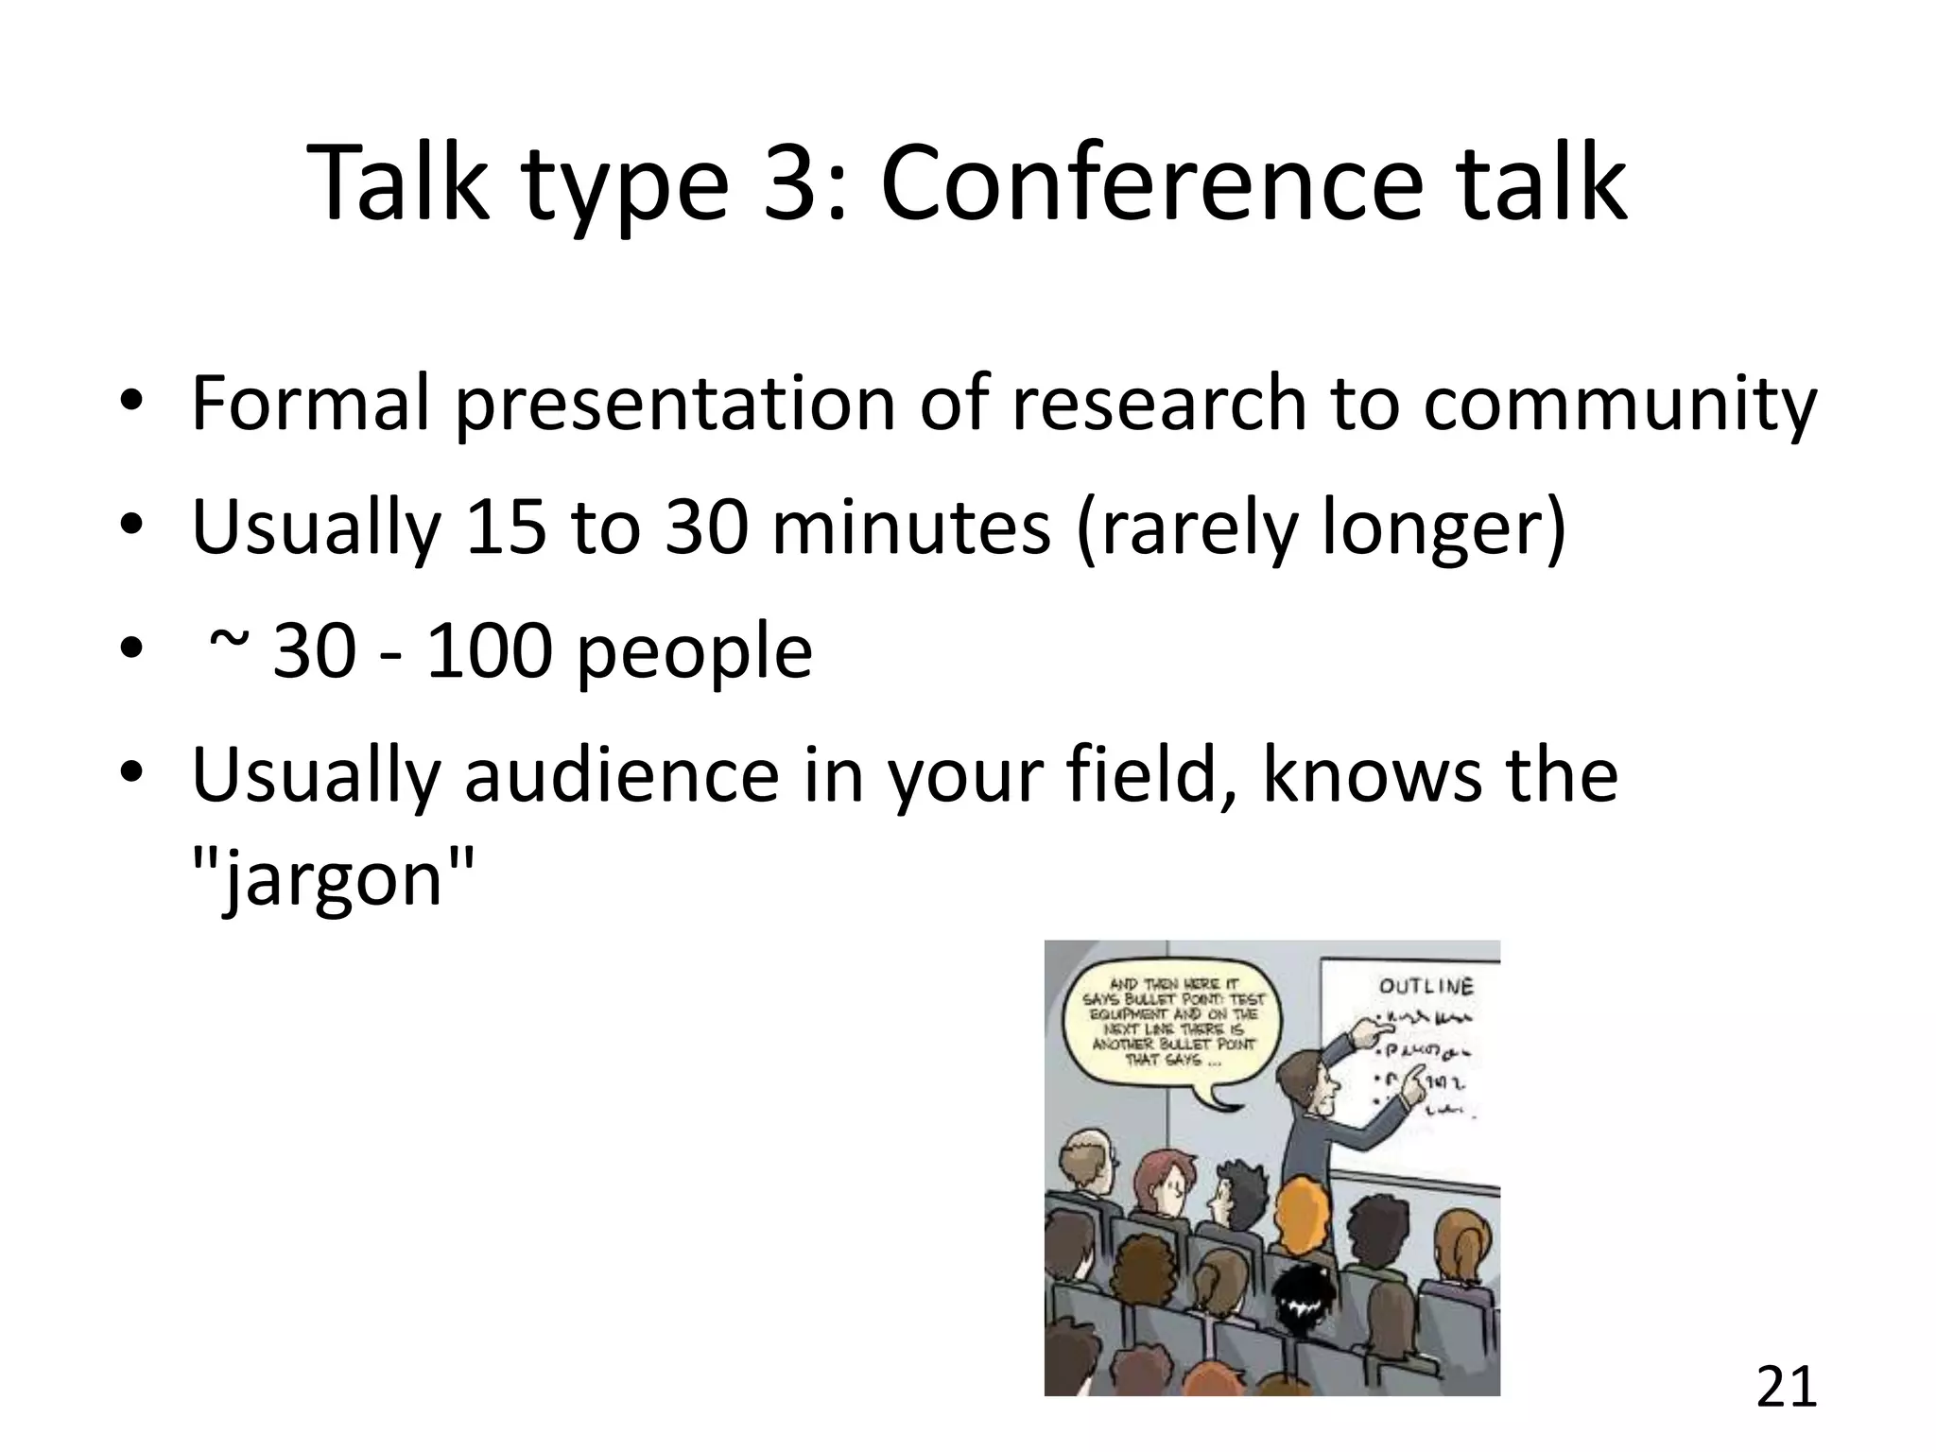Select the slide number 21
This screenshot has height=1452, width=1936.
pyautogui.click(x=1787, y=1388)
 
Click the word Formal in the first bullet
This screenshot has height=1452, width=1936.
pyautogui.click(x=310, y=403)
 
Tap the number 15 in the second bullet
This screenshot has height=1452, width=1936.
pyautogui.click(x=505, y=527)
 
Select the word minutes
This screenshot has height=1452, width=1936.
pyautogui.click(x=910, y=527)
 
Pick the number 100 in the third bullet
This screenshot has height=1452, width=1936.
pyautogui.click(x=489, y=651)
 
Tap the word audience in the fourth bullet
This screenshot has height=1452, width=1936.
pyautogui.click(x=622, y=776)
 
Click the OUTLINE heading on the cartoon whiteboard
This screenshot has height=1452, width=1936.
pyautogui.click(x=1426, y=987)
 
